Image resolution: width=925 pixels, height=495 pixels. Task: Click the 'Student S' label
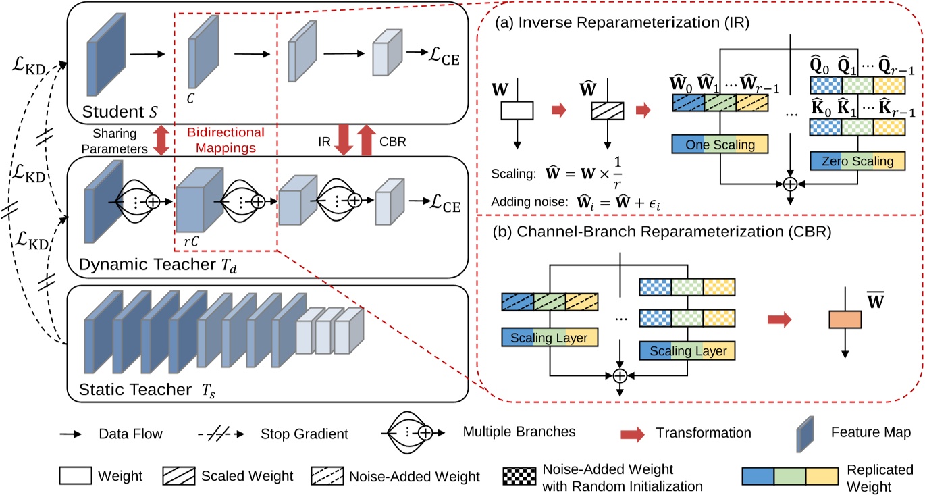[119, 110]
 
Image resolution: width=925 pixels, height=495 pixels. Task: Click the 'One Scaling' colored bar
[720, 144]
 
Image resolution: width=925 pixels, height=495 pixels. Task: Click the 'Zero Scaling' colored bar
[857, 161]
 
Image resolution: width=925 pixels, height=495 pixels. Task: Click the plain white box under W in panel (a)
[517, 111]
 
